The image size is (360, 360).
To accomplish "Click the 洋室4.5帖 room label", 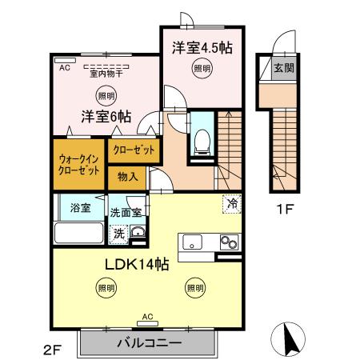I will pyautogui.click(x=202, y=48).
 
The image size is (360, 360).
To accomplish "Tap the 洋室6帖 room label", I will pyautogui.click(x=105, y=115).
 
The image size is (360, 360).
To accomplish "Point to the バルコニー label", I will pyautogui.click(x=148, y=343).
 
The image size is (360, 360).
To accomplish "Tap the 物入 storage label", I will pyautogui.click(x=127, y=177).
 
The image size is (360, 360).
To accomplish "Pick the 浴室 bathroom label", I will pyautogui.click(x=79, y=208).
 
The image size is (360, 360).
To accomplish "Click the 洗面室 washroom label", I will pyautogui.click(x=126, y=213).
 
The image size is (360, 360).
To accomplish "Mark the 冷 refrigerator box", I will pyautogui.click(x=231, y=204).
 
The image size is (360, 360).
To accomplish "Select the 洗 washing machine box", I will pyautogui.click(x=118, y=234).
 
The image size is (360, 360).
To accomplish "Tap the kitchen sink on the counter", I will pyautogui.click(x=195, y=242).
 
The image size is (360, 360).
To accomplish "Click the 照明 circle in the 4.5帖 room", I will pyautogui.click(x=202, y=69).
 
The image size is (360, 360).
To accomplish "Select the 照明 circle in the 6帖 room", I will pyautogui.click(x=106, y=95).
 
